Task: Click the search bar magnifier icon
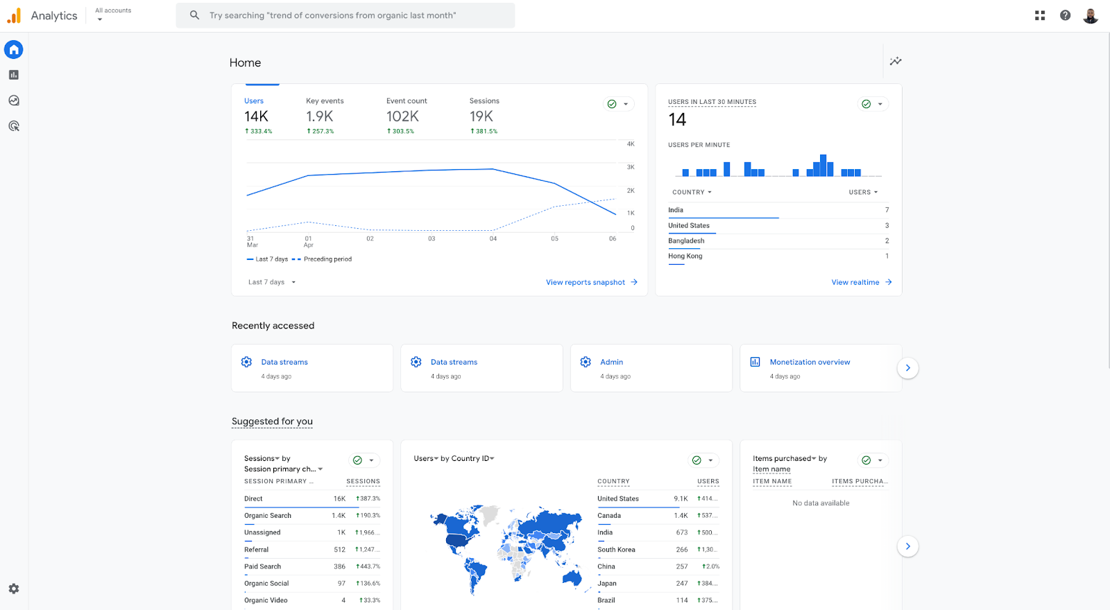point(194,15)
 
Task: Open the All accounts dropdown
point(112,15)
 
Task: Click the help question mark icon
point(1065,15)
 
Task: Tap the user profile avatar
point(1090,15)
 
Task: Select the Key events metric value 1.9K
point(320,116)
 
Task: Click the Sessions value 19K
point(481,116)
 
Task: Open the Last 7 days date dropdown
point(272,282)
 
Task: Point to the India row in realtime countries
point(676,210)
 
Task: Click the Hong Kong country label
point(685,256)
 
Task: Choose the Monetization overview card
point(810,362)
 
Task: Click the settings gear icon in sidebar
point(14,589)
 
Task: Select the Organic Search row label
point(268,516)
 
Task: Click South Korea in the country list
point(616,550)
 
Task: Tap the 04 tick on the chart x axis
point(493,238)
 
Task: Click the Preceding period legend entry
point(327,259)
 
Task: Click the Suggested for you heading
point(272,421)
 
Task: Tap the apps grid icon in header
point(1039,15)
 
